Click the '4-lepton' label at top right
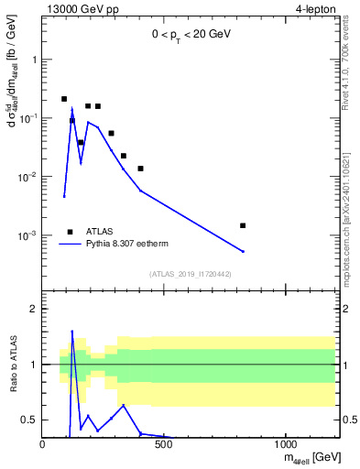pos(316,9)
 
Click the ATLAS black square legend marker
pos(70,232)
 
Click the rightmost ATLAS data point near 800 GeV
pos(243,225)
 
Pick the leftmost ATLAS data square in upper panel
pos(64,99)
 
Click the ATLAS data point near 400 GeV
pos(140,169)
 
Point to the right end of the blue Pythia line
pos(243,251)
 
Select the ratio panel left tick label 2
pos(33,310)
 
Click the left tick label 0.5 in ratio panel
pos(29,420)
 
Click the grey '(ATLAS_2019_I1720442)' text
pos(190,274)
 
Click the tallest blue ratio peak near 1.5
pos(72,332)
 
